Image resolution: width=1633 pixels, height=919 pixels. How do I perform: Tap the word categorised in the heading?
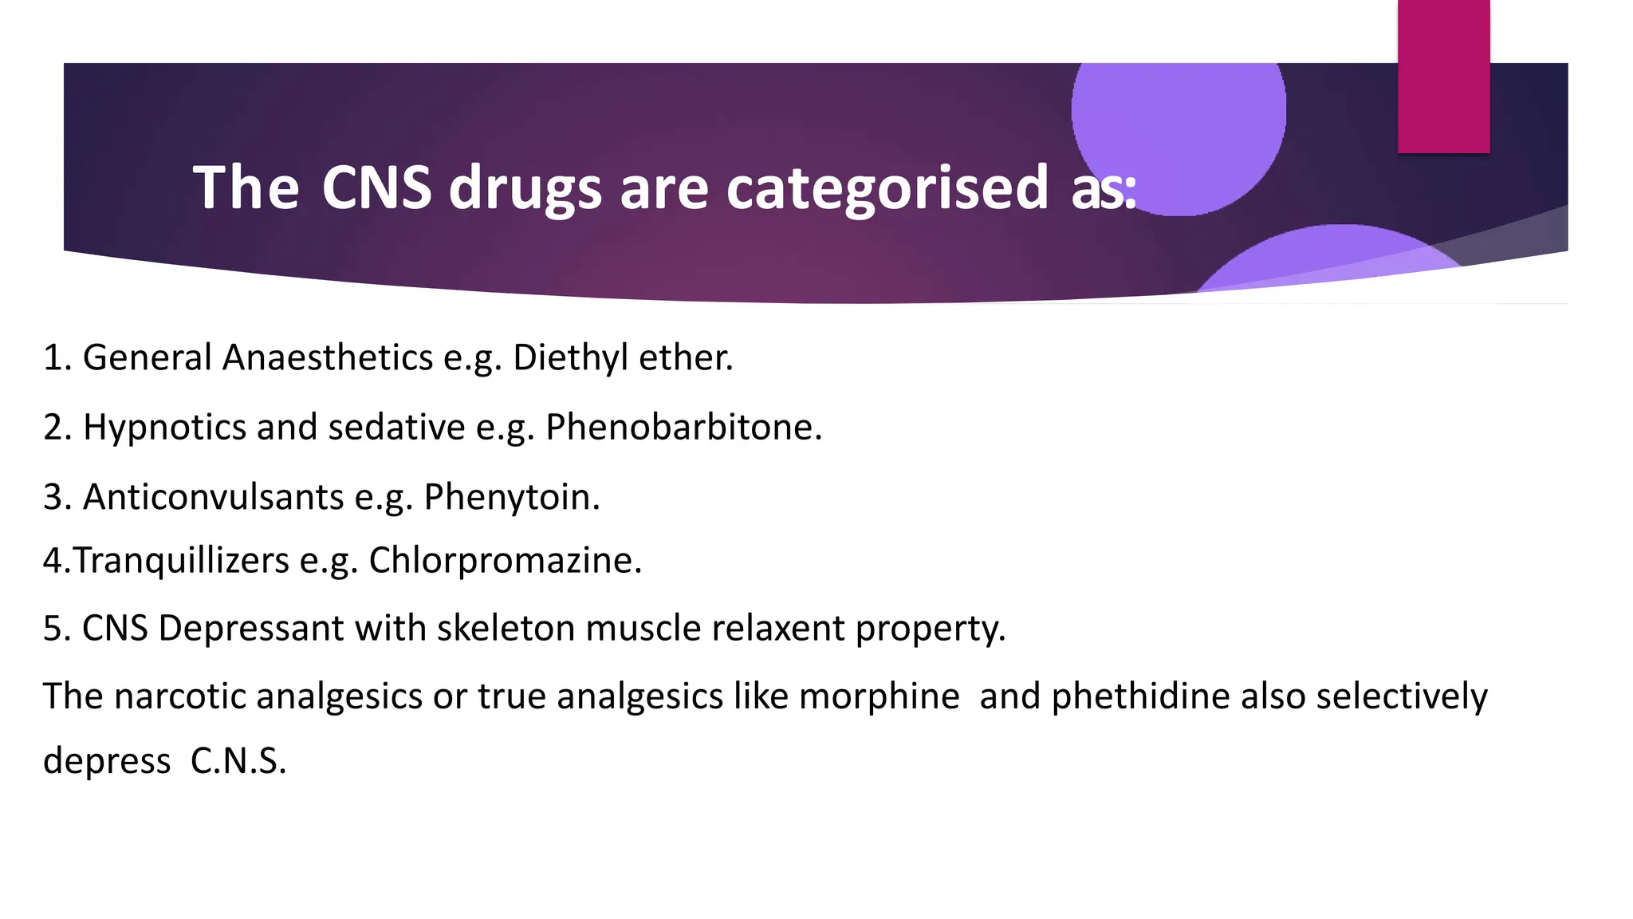887,187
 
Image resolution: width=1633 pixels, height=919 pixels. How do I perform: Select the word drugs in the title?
525,189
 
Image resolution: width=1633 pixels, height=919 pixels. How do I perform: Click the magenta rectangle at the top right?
1443,76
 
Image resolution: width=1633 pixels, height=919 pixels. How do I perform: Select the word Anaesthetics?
327,357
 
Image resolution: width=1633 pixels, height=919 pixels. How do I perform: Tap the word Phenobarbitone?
683,427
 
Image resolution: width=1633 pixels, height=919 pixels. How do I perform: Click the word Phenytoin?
511,497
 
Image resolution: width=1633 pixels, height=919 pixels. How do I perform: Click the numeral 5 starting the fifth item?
53,629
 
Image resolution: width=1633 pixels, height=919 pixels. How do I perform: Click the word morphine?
879,696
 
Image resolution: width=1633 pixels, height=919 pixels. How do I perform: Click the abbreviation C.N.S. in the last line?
238,761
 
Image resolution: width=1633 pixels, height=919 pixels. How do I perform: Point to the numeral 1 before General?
52,357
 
